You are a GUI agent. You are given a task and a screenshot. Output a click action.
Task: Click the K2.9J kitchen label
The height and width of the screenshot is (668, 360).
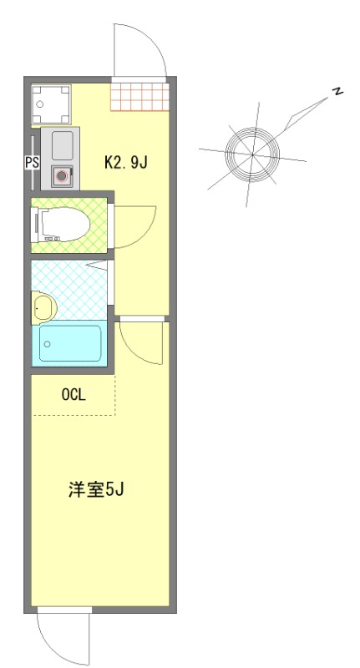(x=125, y=162)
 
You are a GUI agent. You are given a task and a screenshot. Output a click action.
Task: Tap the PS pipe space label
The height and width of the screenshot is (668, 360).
(x=32, y=163)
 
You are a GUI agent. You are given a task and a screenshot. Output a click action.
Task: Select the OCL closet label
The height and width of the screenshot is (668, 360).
(x=74, y=395)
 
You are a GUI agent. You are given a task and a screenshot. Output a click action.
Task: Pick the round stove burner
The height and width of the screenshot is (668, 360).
(x=61, y=176)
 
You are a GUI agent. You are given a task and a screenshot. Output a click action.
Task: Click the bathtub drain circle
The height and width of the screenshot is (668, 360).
(x=48, y=344)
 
